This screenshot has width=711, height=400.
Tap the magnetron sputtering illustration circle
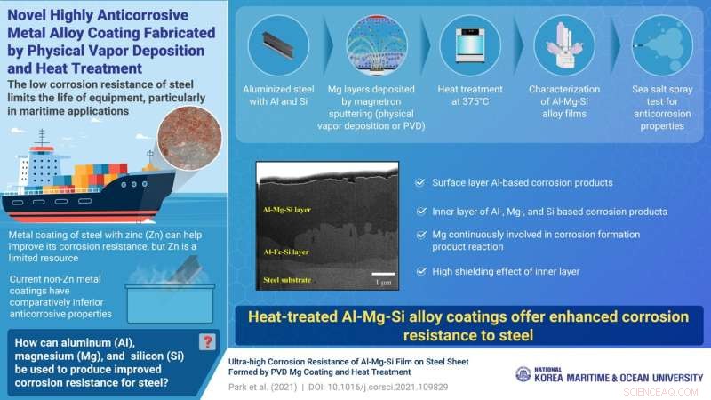(x=377, y=45)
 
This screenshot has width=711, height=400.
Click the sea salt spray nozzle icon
(x=659, y=45)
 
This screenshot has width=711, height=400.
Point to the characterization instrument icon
(x=564, y=45)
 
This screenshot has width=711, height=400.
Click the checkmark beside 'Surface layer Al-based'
(x=419, y=182)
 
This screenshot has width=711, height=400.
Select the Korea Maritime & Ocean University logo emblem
(x=523, y=374)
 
